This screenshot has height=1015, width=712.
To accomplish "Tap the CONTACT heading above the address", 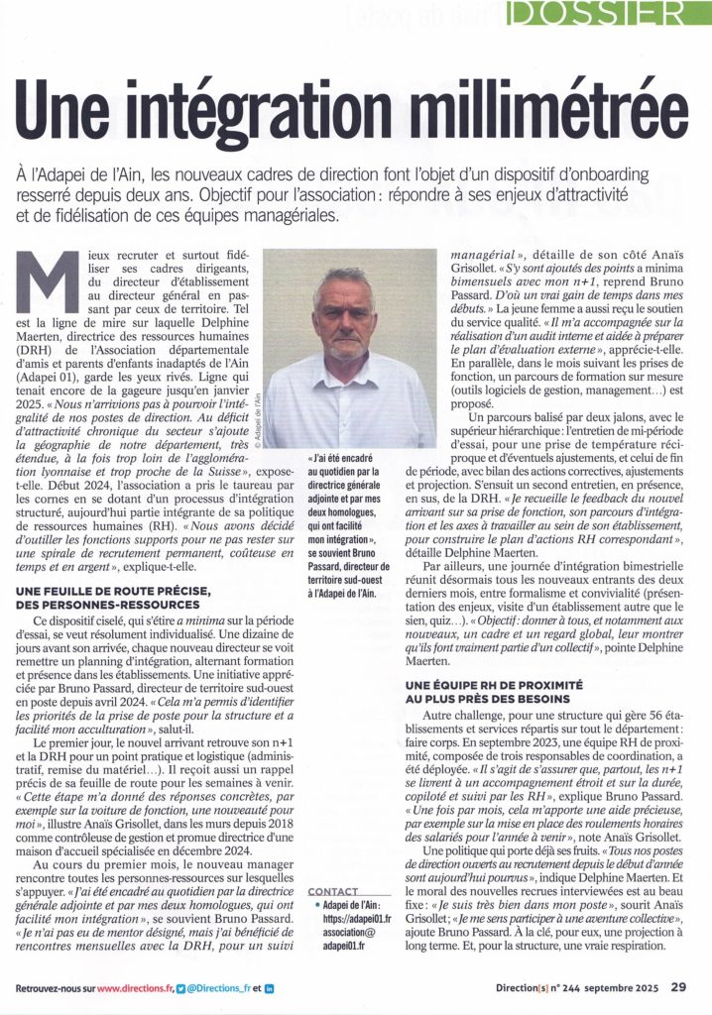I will click(x=333, y=891).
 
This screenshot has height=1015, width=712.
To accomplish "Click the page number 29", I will click(x=678, y=987).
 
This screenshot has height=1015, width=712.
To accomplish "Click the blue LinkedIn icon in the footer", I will click(x=270, y=988).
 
